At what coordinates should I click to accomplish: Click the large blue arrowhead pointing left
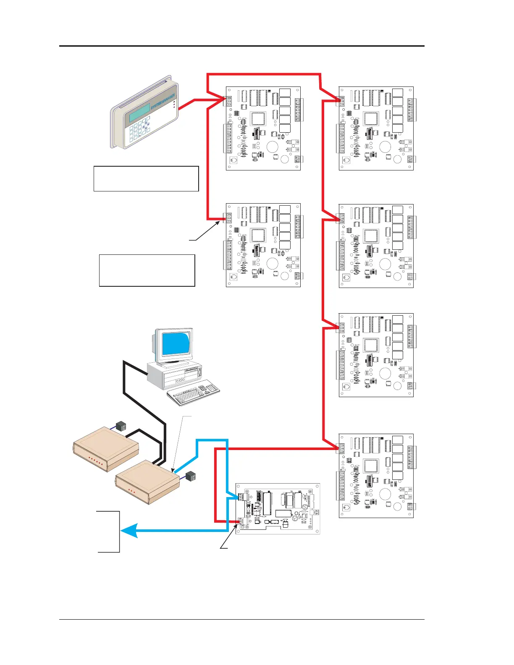(x=128, y=531)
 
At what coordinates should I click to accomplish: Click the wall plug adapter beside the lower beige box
(x=191, y=476)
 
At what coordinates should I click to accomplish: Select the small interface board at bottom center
(x=277, y=508)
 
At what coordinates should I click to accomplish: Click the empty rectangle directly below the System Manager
(x=146, y=179)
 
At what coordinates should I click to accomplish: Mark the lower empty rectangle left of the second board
(x=147, y=270)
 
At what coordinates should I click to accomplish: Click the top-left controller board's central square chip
(x=258, y=119)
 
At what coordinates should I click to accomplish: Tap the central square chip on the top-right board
(x=371, y=119)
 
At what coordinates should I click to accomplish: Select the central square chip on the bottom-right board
(x=371, y=466)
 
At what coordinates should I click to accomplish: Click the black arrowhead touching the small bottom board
(x=237, y=525)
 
